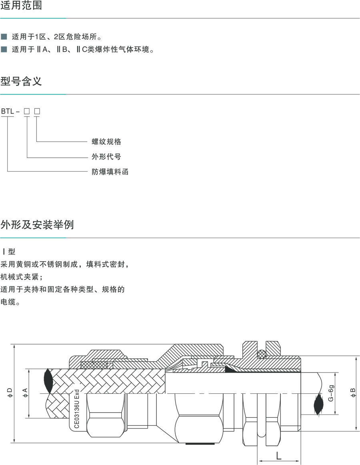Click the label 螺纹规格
(106, 142)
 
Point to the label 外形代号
(106, 156)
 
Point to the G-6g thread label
(331, 394)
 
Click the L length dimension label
(278, 455)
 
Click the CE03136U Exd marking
(77, 408)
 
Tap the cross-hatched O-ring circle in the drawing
(262, 354)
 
